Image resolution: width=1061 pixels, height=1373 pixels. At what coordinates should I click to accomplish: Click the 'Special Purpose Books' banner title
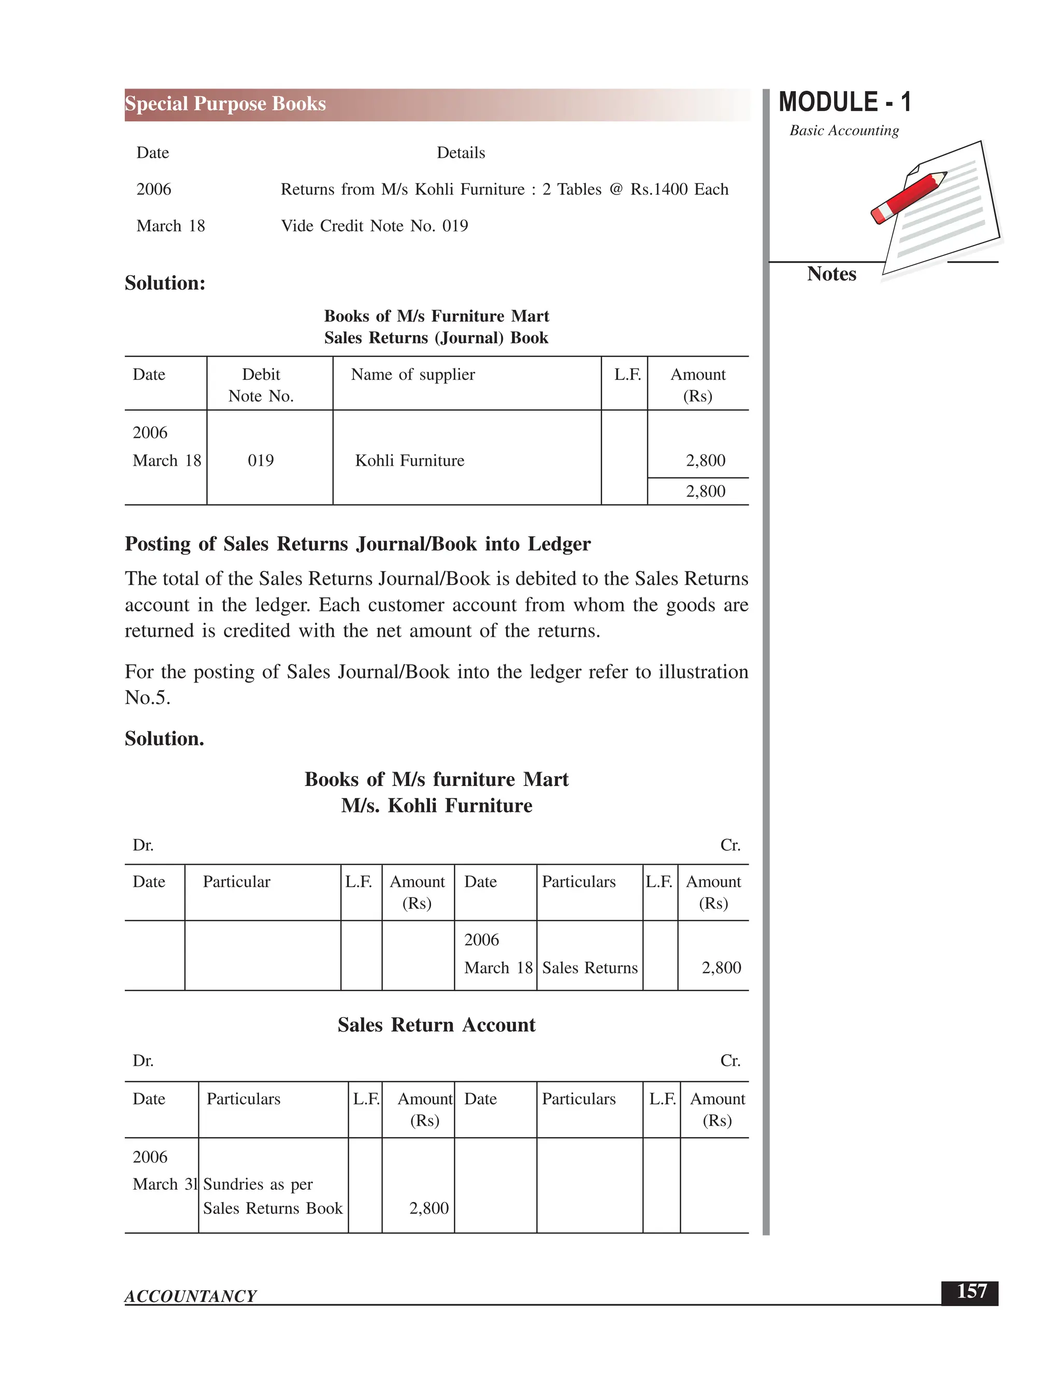click(225, 104)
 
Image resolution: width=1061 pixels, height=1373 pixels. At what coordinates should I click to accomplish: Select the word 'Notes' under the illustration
click(831, 274)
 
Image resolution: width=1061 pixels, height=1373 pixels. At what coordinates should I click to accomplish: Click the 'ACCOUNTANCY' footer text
click(191, 1296)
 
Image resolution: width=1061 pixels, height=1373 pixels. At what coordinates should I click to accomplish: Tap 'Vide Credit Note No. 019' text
click(374, 226)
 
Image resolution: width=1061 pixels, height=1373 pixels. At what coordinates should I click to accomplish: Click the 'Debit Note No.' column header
click(261, 385)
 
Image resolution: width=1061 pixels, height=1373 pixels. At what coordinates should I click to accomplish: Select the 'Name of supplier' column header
click(412, 375)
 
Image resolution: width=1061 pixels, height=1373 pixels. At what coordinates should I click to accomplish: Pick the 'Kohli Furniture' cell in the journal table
click(409, 461)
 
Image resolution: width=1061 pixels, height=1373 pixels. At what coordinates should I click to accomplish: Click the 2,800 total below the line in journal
click(705, 492)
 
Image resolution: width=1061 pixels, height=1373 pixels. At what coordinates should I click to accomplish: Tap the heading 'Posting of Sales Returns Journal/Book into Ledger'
click(357, 544)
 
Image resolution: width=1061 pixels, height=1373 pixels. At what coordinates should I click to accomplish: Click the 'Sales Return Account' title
click(436, 1025)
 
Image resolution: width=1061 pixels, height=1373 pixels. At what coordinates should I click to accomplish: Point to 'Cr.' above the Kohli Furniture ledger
click(730, 846)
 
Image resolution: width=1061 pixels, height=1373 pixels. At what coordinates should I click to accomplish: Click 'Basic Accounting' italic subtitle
click(843, 131)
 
